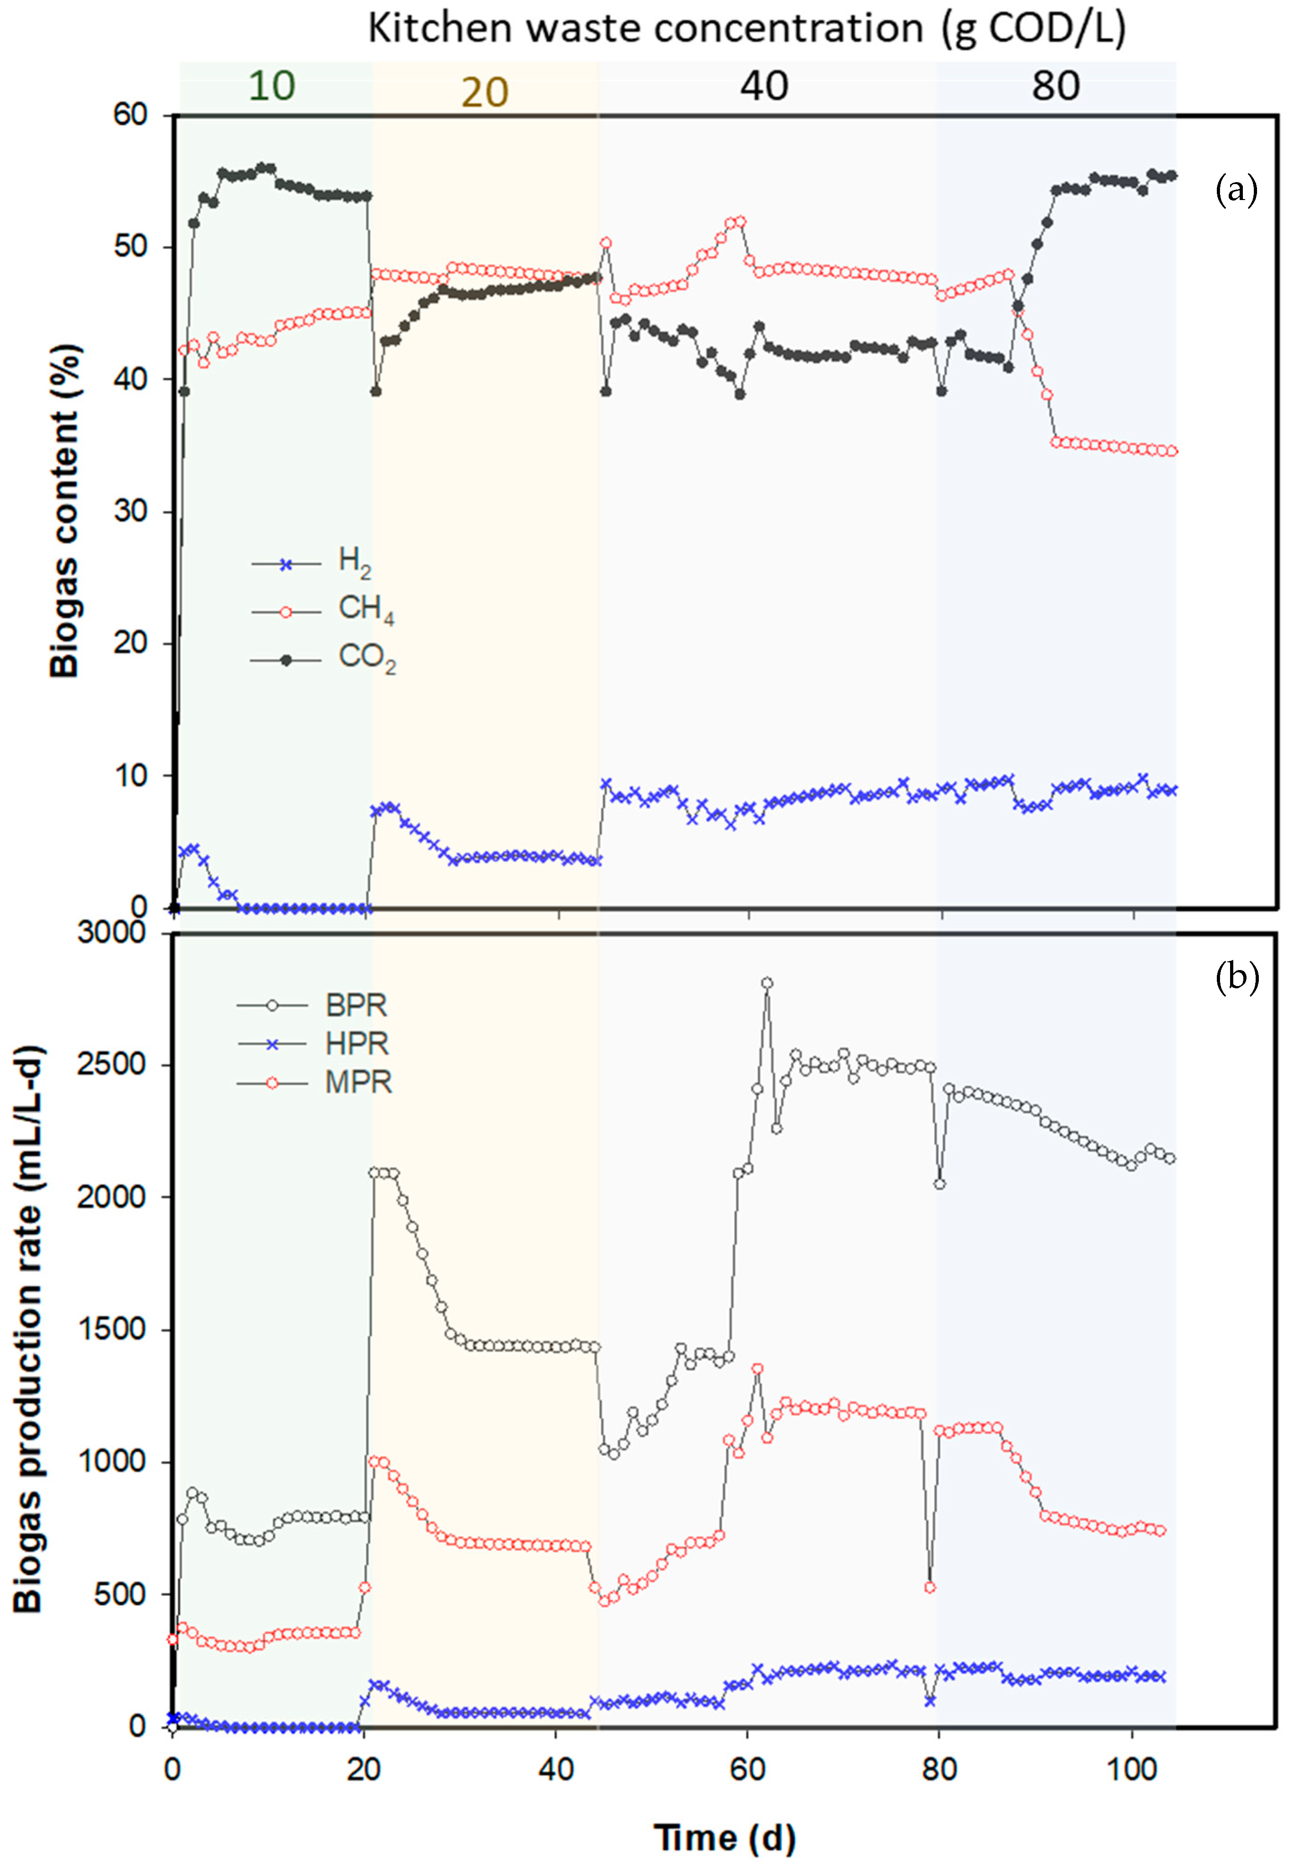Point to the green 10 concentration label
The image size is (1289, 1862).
click(x=271, y=85)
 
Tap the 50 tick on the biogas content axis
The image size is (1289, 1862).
click(x=130, y=246)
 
